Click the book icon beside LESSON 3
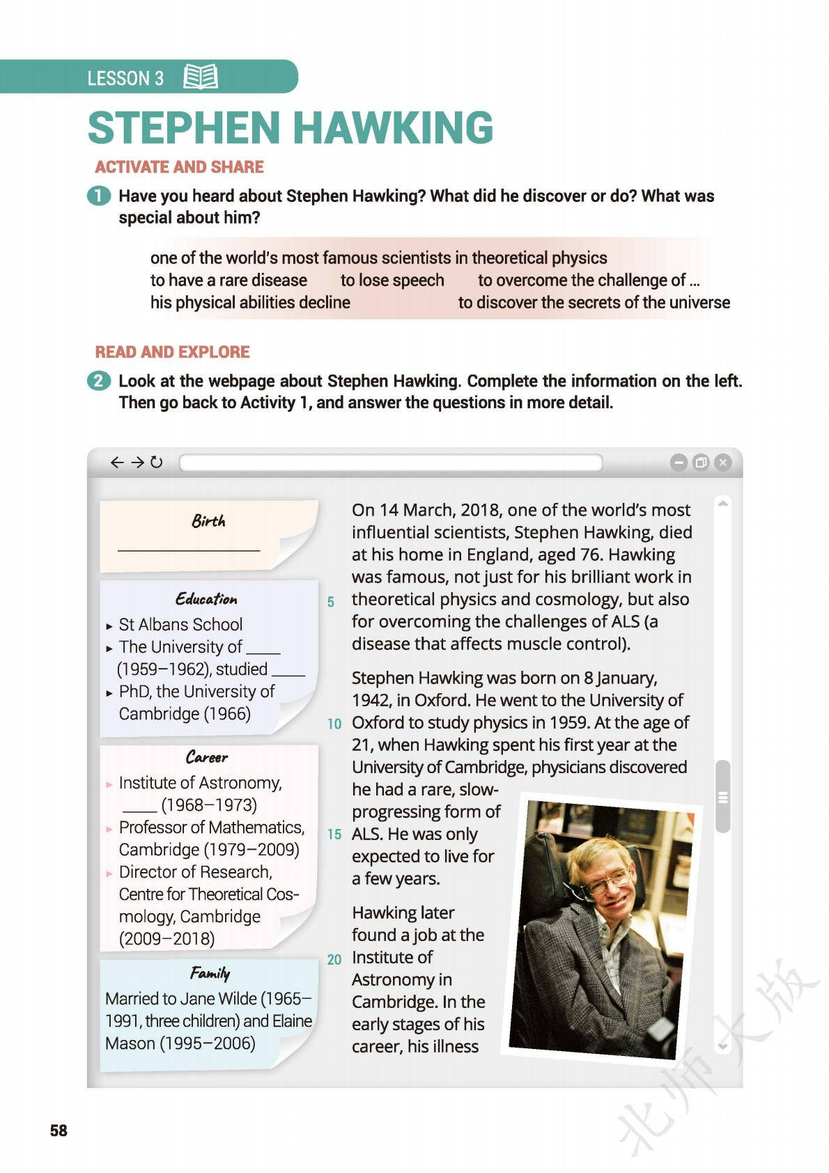201,77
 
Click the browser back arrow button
117,462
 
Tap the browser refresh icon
157,462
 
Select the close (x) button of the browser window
723,462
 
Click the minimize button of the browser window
678,462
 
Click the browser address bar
390,463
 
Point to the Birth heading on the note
208,521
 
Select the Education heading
206,599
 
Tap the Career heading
207,757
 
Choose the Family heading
210,973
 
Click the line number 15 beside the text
334,834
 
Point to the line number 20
334,960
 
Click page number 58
59,1130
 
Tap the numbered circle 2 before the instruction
99,381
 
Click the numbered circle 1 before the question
99,196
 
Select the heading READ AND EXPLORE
172,352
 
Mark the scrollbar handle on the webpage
723,797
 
